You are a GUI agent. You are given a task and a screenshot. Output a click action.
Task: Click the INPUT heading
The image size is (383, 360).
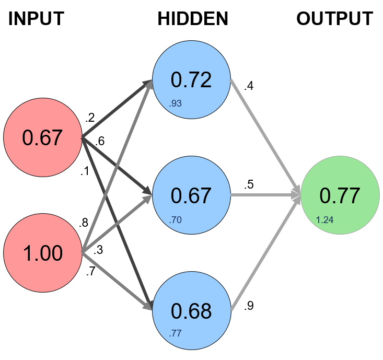[36, 19]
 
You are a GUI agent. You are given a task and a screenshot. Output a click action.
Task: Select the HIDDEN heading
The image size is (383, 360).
[193, 19]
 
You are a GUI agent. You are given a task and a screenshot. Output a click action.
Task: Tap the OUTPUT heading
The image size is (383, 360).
[334, 19]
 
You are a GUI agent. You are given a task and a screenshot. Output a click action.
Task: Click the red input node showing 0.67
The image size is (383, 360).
[42, 138]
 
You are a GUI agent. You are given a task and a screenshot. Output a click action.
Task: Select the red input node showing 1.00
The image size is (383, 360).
[42, 253]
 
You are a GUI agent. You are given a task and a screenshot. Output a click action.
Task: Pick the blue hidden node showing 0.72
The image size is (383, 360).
[191, 80]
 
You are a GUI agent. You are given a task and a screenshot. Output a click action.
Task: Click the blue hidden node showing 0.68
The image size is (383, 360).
[191, 310]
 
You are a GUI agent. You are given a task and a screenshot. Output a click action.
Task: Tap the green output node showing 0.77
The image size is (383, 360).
[340, 195]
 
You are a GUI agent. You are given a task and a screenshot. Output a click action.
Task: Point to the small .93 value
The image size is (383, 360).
[175, 104]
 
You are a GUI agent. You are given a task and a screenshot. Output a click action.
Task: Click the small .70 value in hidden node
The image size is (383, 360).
[175, 219]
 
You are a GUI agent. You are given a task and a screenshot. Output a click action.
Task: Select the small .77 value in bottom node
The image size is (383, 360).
[175, 333]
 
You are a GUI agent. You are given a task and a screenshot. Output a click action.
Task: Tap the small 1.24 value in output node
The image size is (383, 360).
[324, 219]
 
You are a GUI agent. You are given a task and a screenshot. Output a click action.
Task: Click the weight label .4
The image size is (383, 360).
[249, 86]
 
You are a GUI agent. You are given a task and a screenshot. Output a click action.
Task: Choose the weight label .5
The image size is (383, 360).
[249, 185]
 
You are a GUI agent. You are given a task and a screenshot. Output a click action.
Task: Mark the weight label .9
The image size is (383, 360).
[249, 307]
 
